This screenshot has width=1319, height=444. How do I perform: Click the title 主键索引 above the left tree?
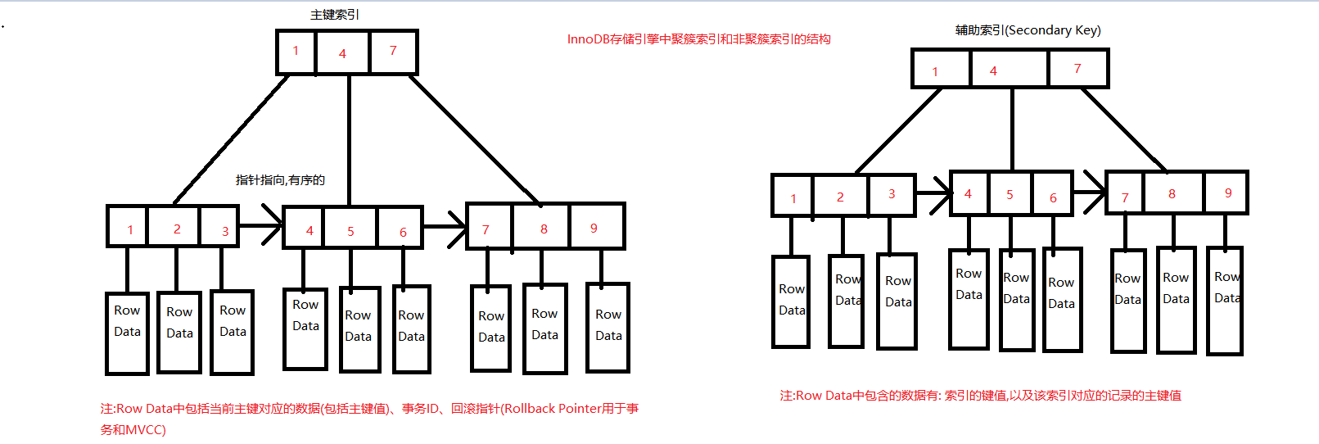tap(335, 15)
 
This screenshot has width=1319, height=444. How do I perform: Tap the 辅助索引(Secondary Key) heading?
tap(1028, 30)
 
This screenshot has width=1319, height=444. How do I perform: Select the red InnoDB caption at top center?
tap(698, 39)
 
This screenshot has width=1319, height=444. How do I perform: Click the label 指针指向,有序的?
tap(280, 180)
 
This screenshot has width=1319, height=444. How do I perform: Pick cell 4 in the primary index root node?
tap(342, 52)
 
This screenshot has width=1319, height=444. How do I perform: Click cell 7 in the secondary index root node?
tap(1077, 69)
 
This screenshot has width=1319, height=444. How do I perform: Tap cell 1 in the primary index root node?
tap(296, 52)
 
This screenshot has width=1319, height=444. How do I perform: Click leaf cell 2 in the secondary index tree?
tap(840, 197)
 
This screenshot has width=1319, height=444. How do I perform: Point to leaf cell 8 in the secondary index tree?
tap(1172, 193)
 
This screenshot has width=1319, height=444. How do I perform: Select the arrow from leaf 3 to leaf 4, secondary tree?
tap(933, 194)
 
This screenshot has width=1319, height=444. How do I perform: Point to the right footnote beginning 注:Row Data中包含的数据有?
tap(980, 396)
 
